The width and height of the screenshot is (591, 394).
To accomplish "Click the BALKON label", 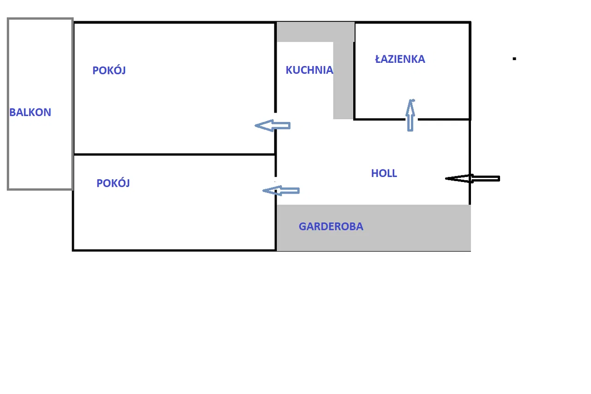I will pyautogui.click(x=30, y=112).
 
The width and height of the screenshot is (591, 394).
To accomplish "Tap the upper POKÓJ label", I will pyautogui.click(x=109, y=71).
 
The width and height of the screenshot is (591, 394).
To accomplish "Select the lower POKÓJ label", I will pyautogui.click(x=113, y=183).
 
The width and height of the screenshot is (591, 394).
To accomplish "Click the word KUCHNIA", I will pyautogui.click(x=309, y=70).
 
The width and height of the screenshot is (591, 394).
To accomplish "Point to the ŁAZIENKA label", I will pyautogui.click(x=400, y=59).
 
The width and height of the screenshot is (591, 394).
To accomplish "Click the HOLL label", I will pyautogui.click(x=384, y=173).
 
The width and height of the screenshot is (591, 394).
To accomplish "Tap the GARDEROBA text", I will pyautogui.click(x=331, y=227).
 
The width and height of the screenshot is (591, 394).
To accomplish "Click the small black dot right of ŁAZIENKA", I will pyautogui.click(x=514, y=59).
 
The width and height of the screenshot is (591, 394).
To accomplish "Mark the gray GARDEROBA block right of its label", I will pyautogui.click(x=416, y=228).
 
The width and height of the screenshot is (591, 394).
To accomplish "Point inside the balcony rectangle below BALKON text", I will pyautogui.click(x=40, y=152).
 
